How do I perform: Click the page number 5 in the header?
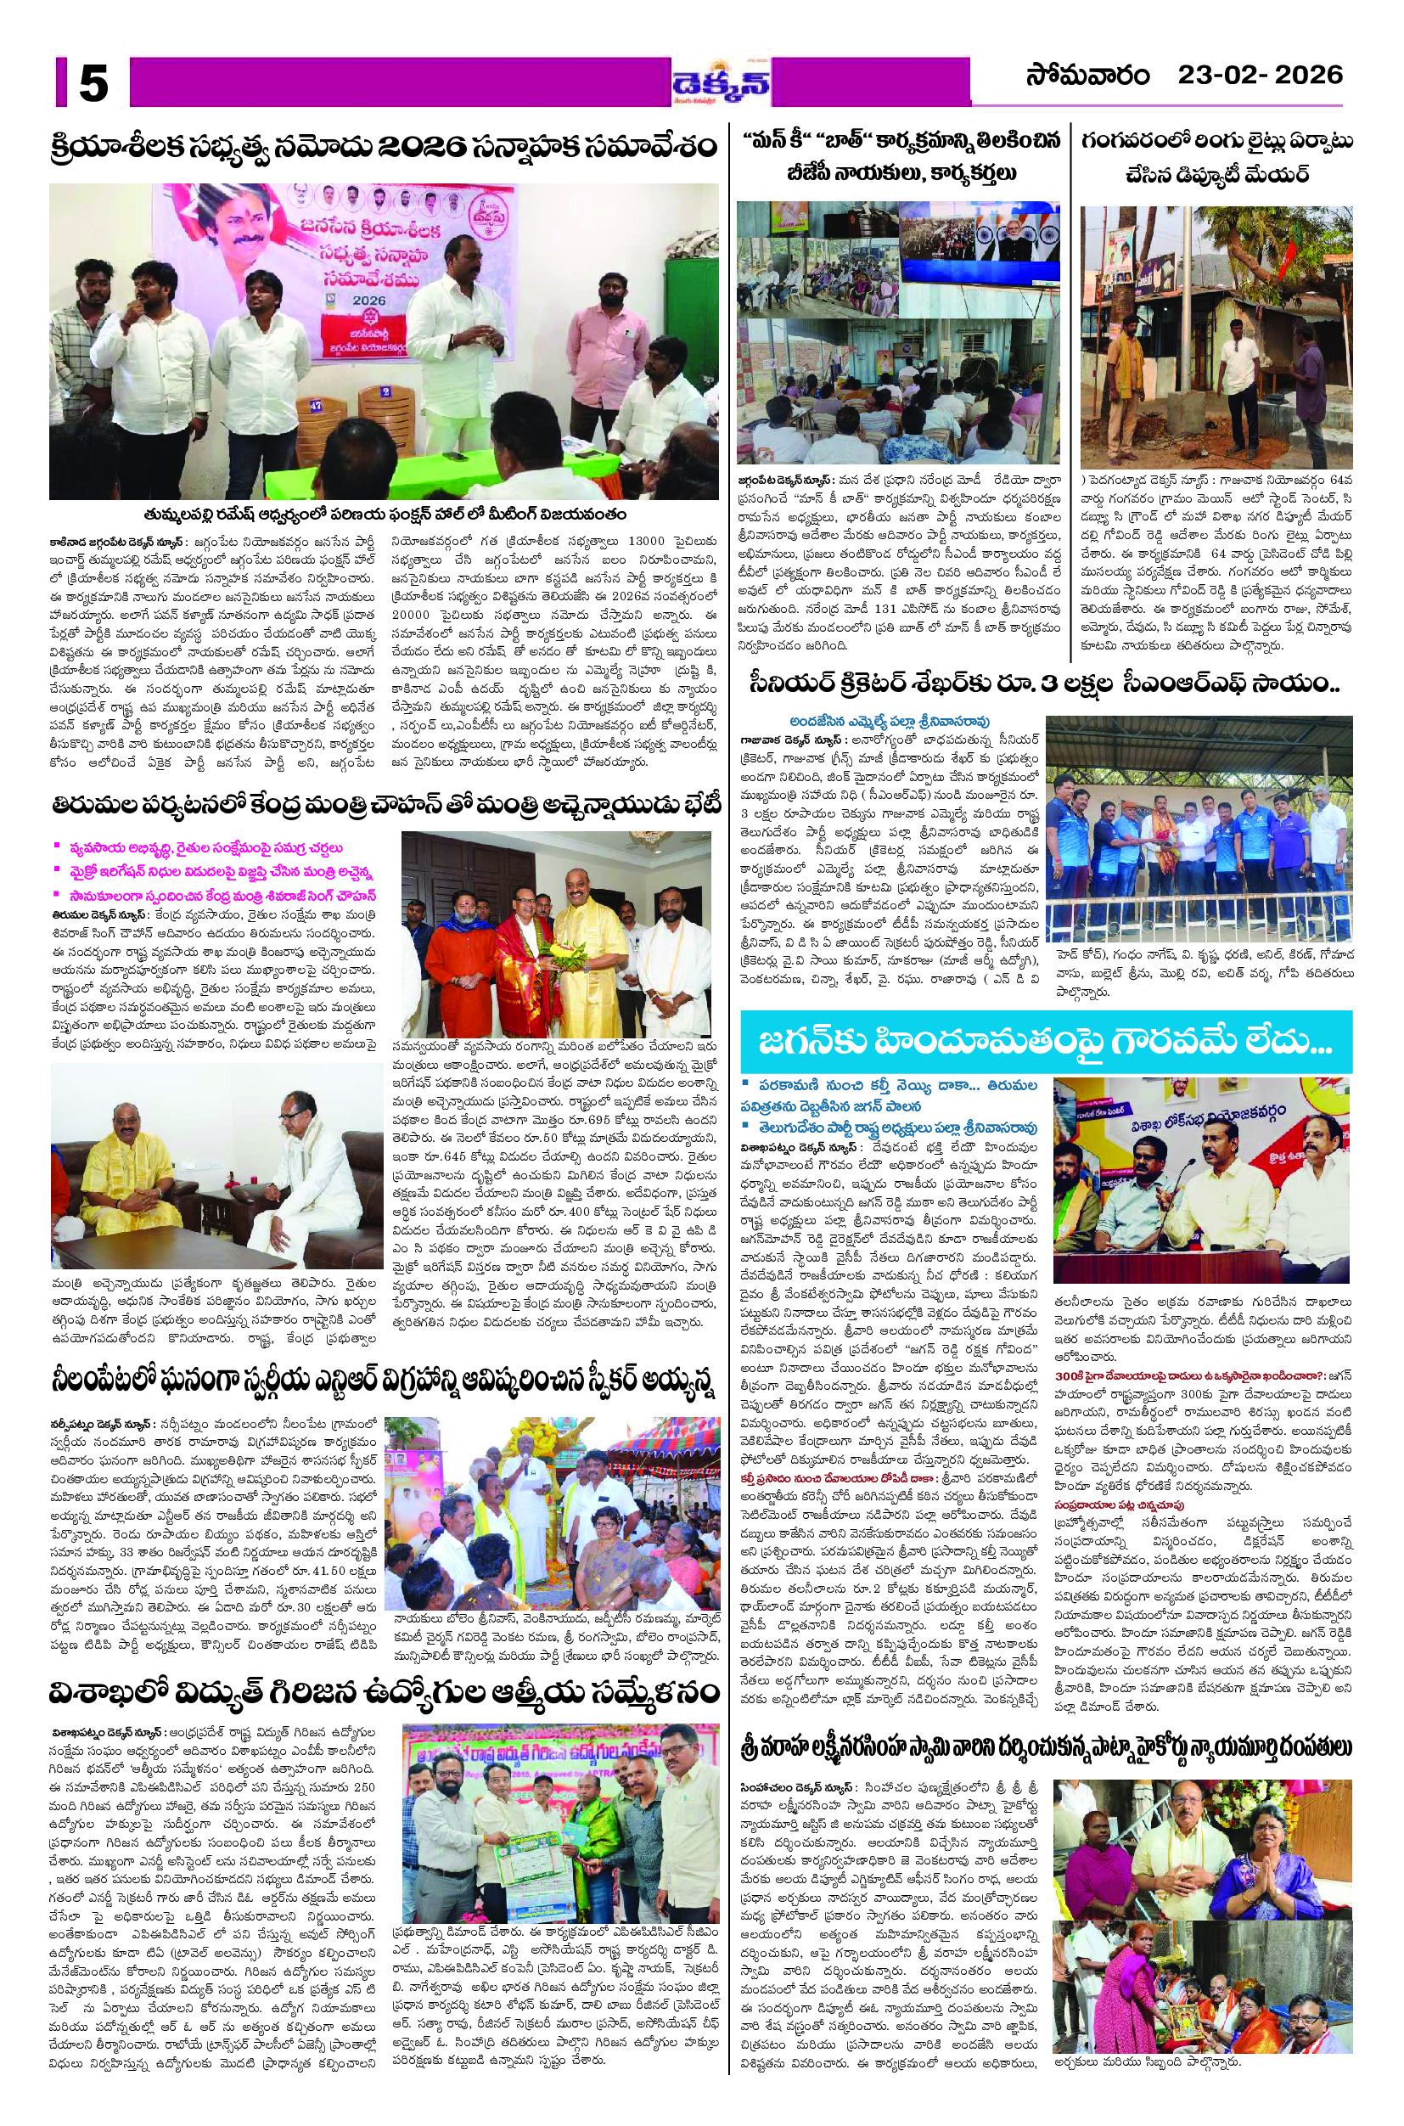tap(93, 83)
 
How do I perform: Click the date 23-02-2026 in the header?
tap(1259, 76)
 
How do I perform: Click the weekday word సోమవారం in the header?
tap(1087, 76)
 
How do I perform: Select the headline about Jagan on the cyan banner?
tap(1044, 1042)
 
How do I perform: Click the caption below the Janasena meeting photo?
tap(383, 515)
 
